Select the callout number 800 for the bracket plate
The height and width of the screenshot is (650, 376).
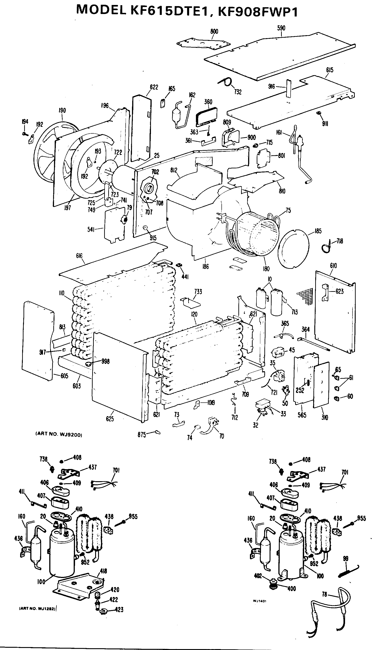(x=214, y=31)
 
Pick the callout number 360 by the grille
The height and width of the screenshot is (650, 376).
(x=208, y=102)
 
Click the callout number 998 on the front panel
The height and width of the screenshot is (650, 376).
(x=105, y=361)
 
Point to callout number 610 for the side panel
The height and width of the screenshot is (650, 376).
(x=333, y=266)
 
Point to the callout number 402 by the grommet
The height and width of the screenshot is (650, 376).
(x=258, y=576)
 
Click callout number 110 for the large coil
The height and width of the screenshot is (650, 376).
(x=61, y=293)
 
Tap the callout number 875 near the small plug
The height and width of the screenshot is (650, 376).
(x=142, y=435)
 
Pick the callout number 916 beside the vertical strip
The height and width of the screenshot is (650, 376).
(x=272, y=87)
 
